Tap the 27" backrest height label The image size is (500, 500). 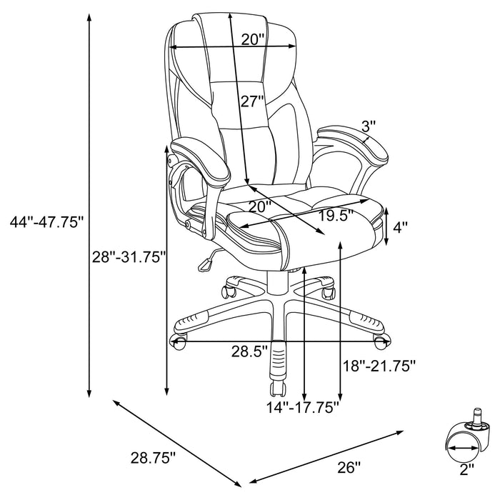(252, 101)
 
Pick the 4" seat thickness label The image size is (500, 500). (401, 228)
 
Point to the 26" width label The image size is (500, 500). (349, 468)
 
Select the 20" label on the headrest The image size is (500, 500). (253, 40)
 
